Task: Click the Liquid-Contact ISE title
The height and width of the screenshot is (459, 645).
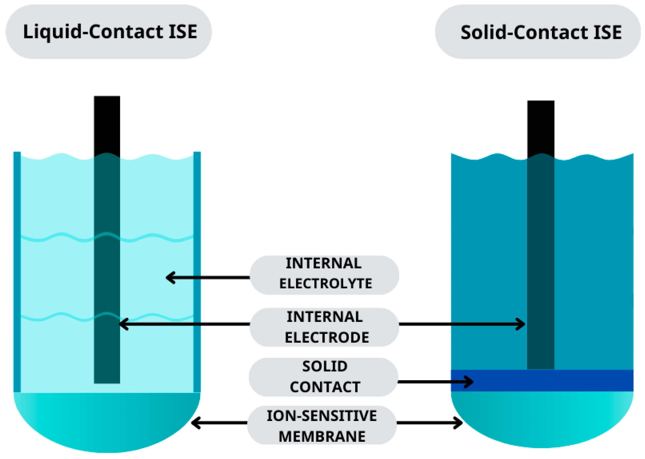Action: (110, 31)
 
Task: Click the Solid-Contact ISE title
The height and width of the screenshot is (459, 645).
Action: (541, 32)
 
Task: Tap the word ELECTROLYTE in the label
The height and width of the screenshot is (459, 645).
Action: (326, 284)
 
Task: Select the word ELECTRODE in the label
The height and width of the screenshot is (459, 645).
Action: (327, 337)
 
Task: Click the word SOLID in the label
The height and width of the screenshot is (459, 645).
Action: (325, 366)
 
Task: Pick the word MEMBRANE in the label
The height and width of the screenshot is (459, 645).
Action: (322, 437)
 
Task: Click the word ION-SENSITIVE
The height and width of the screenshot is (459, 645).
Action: (321, 416)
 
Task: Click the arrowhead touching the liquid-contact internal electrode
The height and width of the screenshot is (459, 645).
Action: (123, 324)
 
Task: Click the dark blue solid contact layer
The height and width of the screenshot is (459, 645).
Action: (551, 380)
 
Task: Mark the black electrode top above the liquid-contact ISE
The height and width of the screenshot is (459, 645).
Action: (107, 124)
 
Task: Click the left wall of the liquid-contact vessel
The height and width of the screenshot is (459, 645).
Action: (17, 271)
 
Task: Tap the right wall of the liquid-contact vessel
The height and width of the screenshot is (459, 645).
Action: (197, 271)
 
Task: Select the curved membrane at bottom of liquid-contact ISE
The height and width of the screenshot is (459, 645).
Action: (107, 421)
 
